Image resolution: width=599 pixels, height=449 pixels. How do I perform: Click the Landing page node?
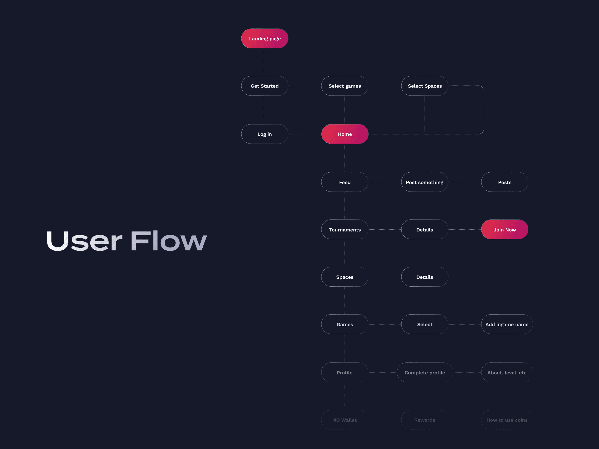[265, 38]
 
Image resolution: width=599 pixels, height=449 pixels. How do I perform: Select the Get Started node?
[265, 86]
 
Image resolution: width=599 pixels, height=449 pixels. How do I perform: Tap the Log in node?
[265, 134]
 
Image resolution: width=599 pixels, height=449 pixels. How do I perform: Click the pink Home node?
[345, 134]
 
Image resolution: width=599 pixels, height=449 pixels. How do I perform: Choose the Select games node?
[345, 86]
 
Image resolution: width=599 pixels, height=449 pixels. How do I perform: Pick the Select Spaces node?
[425, 86]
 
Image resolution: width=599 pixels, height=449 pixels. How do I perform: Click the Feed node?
[345, 182]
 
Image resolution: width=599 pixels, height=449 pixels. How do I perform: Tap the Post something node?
[425, 182]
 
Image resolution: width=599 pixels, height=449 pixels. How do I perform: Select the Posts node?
[505, 182]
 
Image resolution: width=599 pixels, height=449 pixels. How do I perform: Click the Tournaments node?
[345, 229]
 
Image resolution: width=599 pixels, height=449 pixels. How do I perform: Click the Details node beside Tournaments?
[425, 229]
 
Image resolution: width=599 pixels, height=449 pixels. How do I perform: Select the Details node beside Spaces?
[425, 277]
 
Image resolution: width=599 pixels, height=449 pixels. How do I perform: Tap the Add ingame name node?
[507, 324]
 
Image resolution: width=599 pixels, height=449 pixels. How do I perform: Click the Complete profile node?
[425, 372]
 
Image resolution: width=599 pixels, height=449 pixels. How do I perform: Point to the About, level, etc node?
[507, 372]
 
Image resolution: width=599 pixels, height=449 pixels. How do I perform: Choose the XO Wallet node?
[345, 420]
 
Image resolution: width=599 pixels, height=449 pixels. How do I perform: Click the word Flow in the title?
[168, 241]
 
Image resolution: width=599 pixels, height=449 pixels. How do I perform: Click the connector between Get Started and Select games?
[305, 86]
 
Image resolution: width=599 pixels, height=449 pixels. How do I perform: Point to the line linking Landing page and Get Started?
[263, 62]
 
